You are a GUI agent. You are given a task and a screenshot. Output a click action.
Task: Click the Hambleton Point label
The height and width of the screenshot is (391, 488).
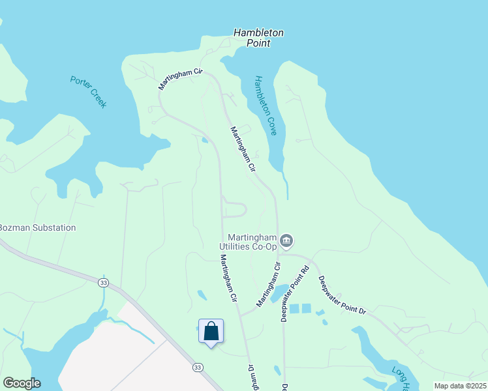click(x=259, y=38)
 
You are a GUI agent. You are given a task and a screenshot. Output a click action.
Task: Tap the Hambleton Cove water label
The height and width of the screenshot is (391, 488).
click(x=266, y=106)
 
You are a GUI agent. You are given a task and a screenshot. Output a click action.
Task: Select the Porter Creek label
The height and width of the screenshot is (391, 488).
click(x=88, y=92)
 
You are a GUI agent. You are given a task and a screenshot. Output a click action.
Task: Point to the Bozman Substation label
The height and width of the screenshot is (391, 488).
click(x=37, y=228)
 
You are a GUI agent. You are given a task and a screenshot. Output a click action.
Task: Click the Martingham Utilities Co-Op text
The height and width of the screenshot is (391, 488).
click(x=252, y=241)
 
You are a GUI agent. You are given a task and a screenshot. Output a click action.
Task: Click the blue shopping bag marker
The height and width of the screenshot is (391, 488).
click(x=211, y=331)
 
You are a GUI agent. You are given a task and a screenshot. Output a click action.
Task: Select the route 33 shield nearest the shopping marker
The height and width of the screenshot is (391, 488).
click(x=197, y=368)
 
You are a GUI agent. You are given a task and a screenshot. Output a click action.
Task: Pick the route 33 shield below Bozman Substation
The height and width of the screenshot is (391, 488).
click(x=103, y=282)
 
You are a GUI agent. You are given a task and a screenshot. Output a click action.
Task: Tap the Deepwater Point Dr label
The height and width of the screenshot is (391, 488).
click(x=342, y=295)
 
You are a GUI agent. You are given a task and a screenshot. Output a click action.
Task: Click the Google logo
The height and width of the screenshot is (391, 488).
click(x=22, y=383)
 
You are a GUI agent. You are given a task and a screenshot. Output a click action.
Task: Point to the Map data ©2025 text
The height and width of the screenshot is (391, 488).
click(x=460, y=386)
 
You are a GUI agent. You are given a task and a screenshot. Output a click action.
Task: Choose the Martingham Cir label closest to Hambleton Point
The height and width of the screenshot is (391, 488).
click(x=181, y=79)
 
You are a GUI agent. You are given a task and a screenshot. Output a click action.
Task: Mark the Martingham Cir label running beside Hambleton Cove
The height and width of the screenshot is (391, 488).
click(x=241, y=149)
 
